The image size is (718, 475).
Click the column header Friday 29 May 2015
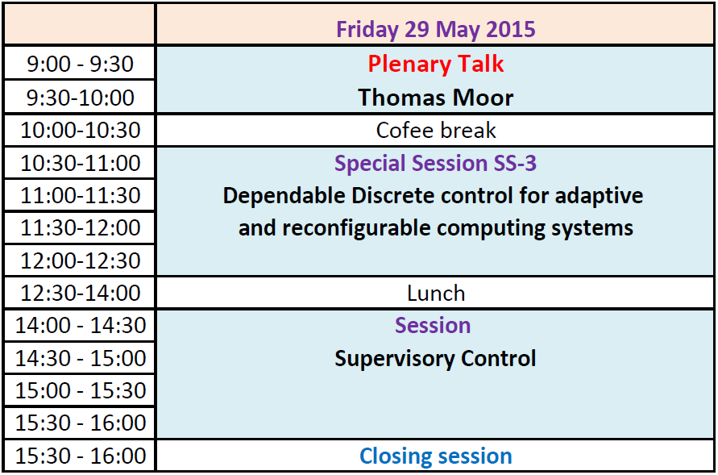435,29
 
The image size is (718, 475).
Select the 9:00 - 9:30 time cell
80,64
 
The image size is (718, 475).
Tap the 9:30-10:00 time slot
80,98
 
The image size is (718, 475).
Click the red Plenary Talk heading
435,64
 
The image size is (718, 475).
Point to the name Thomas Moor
435,98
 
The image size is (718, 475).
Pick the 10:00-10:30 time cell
80,130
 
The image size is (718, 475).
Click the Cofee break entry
435,130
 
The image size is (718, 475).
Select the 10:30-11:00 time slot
80,163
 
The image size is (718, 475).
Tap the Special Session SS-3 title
435,163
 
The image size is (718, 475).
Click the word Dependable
284,196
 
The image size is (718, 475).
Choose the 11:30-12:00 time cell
80,227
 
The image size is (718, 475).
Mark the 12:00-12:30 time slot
80,260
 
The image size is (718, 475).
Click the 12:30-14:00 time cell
80,294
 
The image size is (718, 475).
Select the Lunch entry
436,294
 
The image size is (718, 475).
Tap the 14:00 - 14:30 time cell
80,326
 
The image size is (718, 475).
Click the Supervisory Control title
435,359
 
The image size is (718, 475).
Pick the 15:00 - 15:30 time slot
80,390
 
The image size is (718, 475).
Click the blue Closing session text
435,456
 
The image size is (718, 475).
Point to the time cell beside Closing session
80,456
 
